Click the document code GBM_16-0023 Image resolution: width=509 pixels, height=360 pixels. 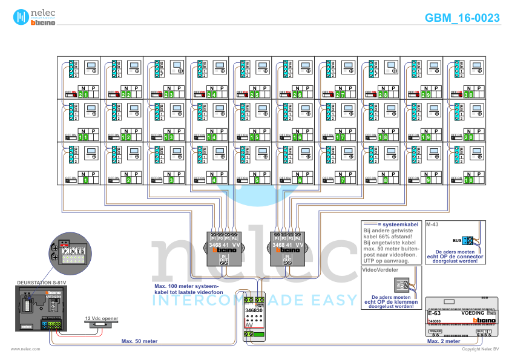[462, 18]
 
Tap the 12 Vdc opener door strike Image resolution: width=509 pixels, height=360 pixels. [101, 325]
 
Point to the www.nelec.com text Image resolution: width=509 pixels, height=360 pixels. [25, 349]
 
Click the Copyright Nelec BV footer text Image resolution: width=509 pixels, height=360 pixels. [480, 349]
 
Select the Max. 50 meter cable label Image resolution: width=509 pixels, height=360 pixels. [139, 341]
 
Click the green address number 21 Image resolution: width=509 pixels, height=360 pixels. [84, 95]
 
